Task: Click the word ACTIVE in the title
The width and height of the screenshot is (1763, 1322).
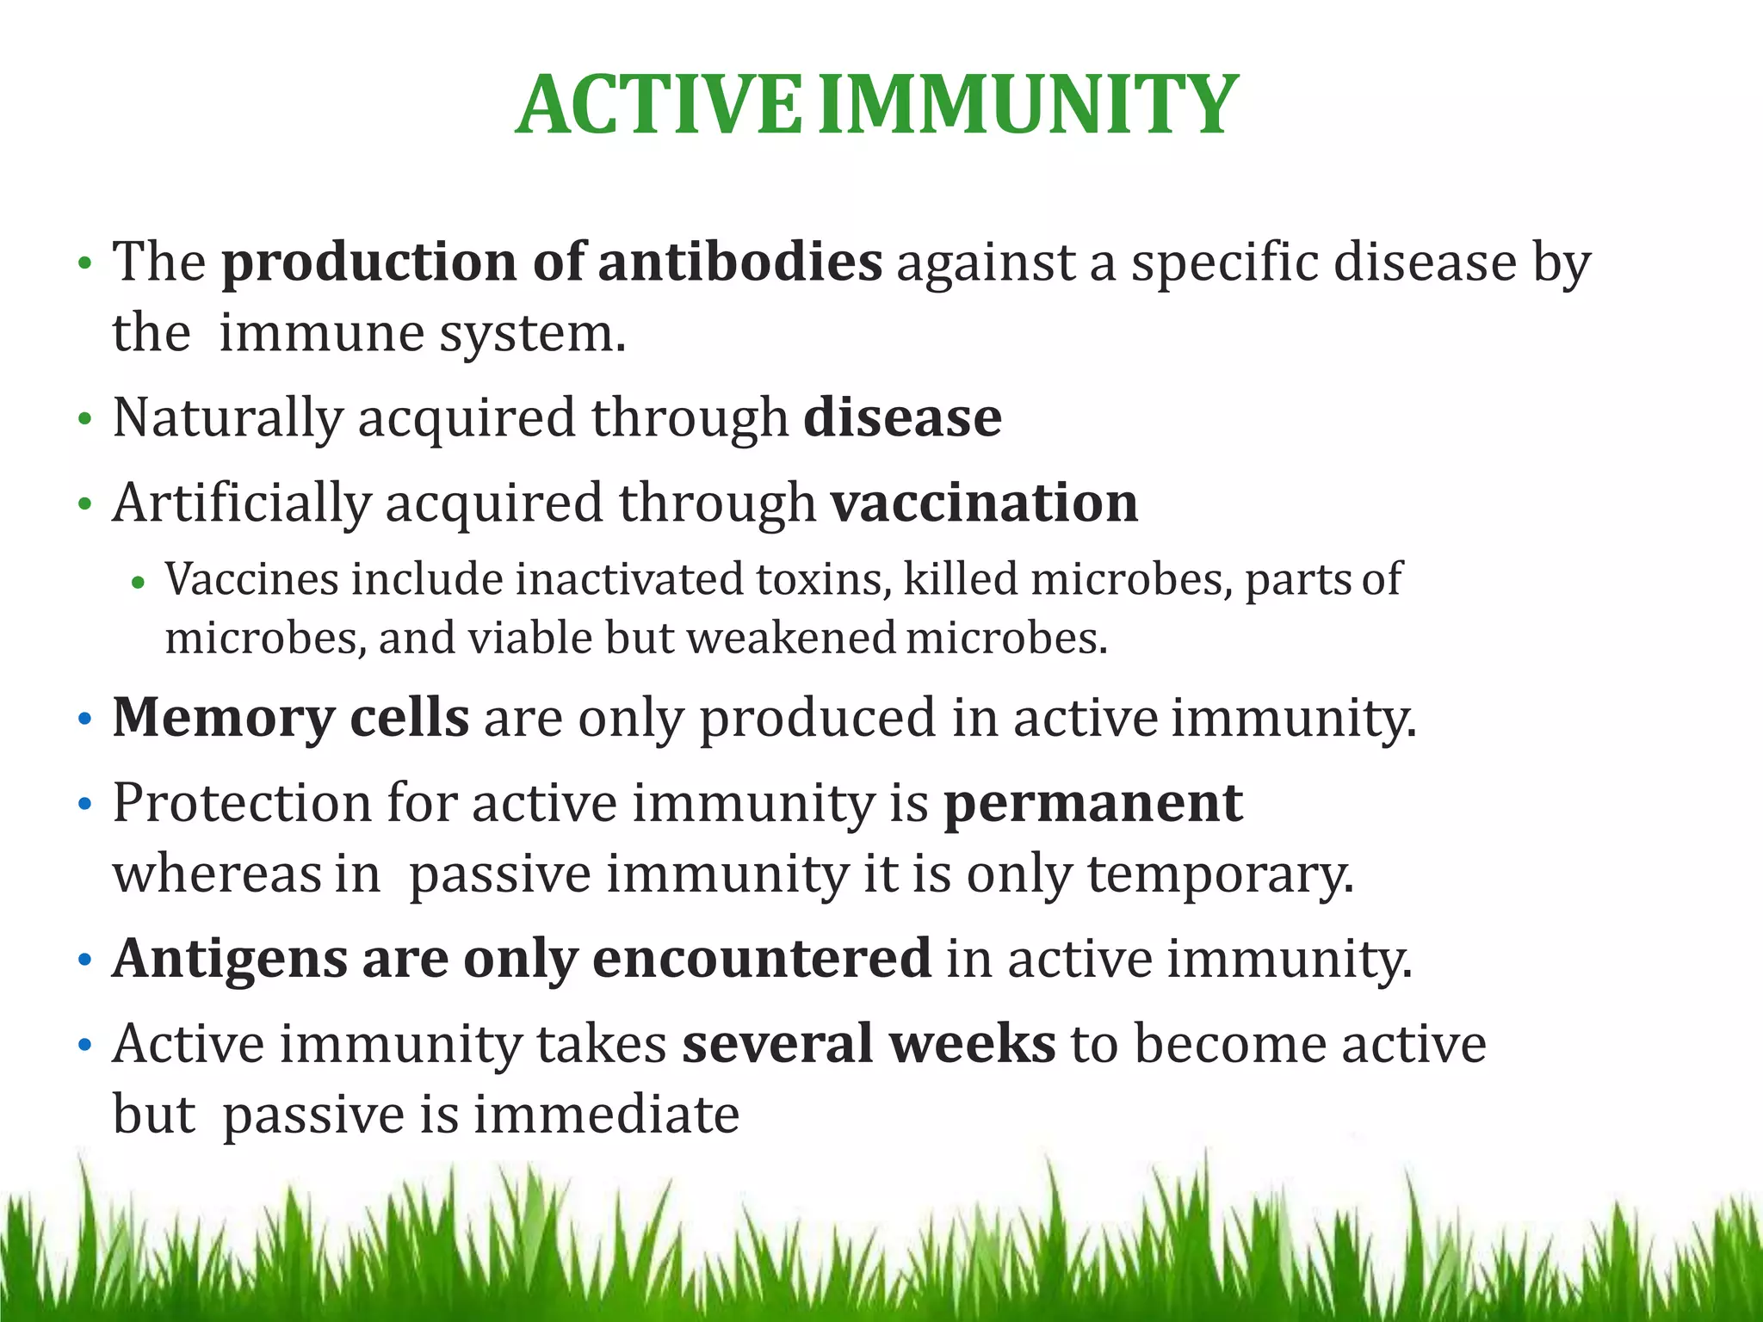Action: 659,106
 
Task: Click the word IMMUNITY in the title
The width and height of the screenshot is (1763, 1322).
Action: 1026,106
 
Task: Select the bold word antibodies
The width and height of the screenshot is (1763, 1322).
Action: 739,262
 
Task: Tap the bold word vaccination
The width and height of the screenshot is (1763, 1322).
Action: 984,503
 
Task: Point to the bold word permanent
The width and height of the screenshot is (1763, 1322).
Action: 1092,803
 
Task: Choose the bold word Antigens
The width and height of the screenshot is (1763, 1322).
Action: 230,959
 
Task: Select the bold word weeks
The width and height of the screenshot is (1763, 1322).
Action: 972,1044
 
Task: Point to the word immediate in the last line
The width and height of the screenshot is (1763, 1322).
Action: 606,1115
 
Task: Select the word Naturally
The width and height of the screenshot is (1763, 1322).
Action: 227,419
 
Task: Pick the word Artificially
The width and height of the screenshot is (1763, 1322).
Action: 241,503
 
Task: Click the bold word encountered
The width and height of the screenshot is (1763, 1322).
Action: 762,959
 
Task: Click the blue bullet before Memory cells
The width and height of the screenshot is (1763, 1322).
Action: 84,719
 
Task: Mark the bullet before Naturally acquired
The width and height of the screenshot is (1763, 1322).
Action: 84,420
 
